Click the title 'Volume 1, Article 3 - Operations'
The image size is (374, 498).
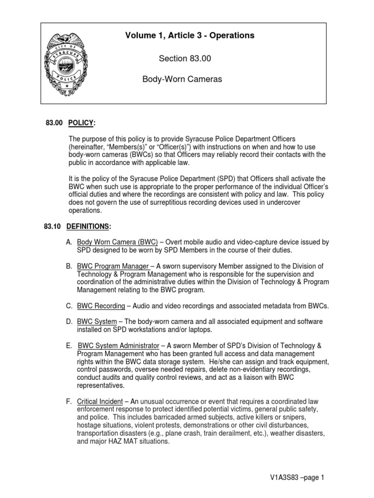(189, 36)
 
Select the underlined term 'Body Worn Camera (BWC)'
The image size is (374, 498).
(117, 242)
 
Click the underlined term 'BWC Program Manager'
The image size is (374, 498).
(112, 267)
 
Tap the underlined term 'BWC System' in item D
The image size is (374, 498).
(97, 321)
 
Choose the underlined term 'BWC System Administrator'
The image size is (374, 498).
(119, 345)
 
